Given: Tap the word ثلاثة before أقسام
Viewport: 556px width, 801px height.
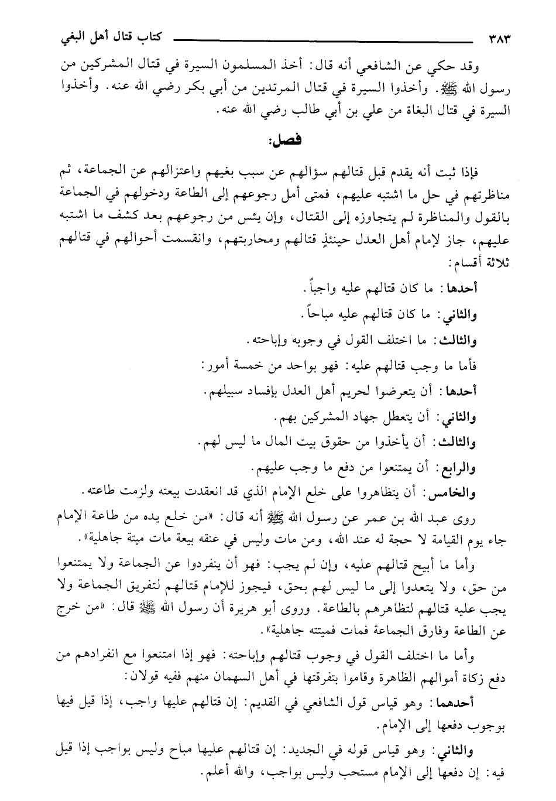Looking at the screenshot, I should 497,265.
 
